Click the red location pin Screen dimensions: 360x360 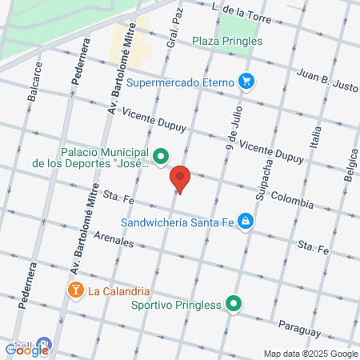(181, 179)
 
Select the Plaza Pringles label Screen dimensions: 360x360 (227, 41)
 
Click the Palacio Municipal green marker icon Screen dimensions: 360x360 (161, 156)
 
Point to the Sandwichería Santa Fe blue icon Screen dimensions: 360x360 (246, 222)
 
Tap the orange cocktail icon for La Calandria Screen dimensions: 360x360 (75, 289)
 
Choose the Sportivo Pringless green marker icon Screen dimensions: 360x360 (234, 303)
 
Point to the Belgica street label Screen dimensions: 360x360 (350, 170)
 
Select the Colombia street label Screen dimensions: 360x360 (291, 197)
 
